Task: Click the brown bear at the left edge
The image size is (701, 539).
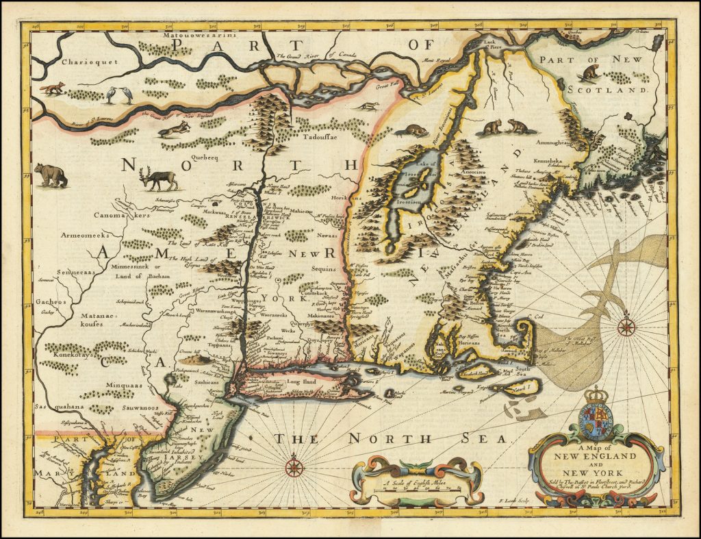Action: [x=51, y=175]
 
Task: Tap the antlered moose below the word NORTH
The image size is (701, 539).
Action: [x=159, y=179]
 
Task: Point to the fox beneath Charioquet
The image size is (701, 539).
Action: [x=52, y=88]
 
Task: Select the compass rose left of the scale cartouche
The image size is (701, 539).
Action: [x=294, y=468]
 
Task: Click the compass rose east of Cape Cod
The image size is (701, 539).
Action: [x=626, y=327]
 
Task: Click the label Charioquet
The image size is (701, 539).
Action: [x=71, y=61]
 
